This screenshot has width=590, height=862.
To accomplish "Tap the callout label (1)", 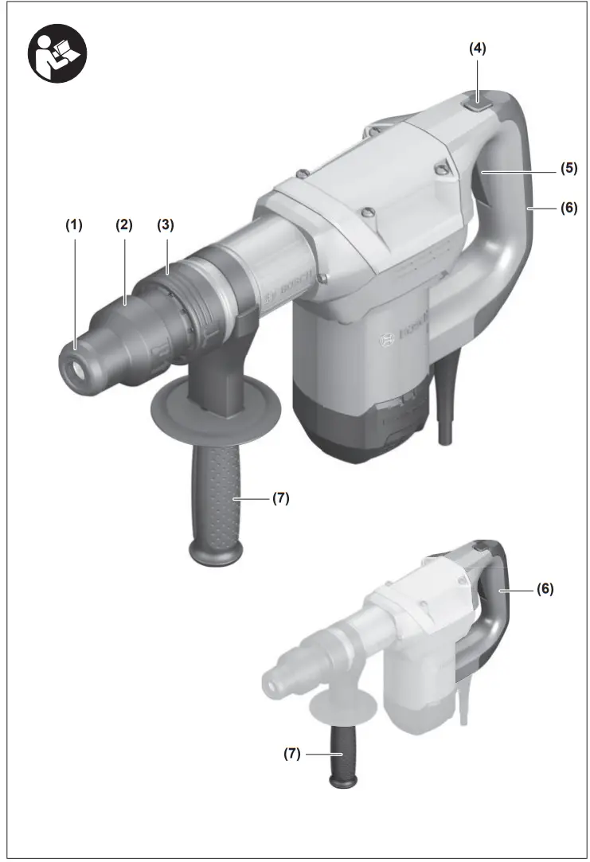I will [x=74, y=225].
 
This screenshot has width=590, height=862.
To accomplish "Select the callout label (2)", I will [x=123, y=225].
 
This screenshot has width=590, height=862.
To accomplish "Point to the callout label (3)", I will [x=165, y=225].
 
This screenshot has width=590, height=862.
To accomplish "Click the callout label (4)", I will [x=477, y=49].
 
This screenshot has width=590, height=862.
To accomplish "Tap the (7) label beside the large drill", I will [x=279, y=499].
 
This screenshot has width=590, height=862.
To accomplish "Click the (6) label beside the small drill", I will [x=544, y=590].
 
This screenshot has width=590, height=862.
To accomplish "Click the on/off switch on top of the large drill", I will [x=476, y=99].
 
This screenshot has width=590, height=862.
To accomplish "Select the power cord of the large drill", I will [x=443, y=414].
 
